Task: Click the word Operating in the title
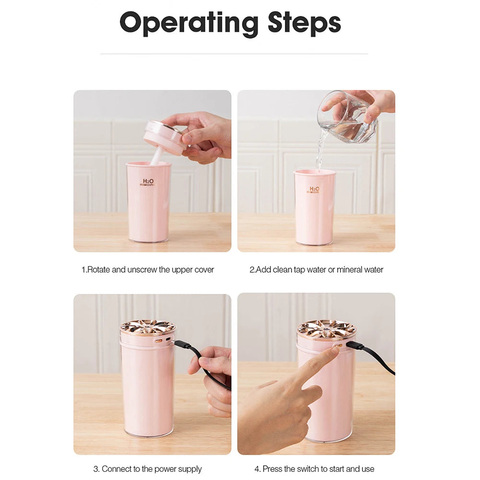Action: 189,23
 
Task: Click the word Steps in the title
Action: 304,23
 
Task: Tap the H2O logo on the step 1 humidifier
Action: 148,183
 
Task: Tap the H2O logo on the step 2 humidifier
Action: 314,190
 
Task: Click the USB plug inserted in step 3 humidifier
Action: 183,345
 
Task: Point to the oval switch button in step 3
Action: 159,340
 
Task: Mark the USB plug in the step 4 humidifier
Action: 355,346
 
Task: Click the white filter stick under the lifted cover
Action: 157,155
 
